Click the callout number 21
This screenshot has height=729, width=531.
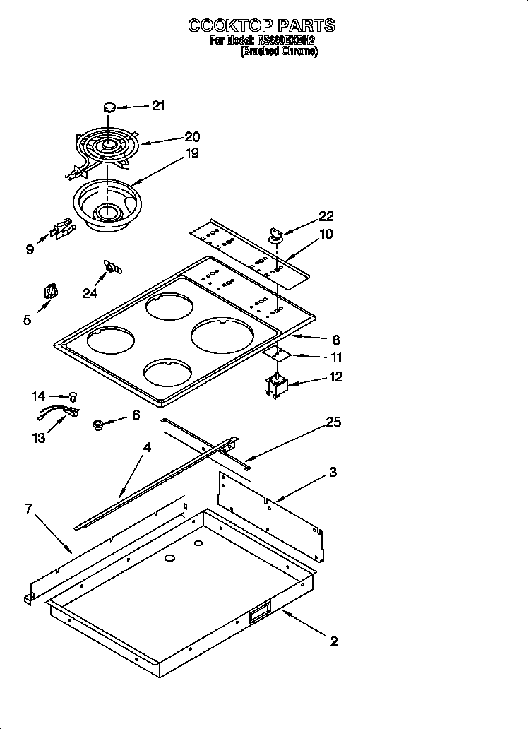click(x=157, y=106)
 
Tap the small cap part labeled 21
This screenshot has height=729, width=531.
click(x=109, y=107)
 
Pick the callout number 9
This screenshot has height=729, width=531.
click(x=30, y=249)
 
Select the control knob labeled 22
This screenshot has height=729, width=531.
click(x=275, y=235)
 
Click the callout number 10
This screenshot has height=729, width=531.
click(x=326, y=234)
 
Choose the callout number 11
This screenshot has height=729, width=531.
click(x=336, y=357)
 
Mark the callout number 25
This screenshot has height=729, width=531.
click(x=333, y=422)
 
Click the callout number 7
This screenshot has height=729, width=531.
click(x=29, y=509)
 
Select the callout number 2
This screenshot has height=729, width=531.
click(x=333, y=641)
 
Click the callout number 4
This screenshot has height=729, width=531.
click(x=146, y=447)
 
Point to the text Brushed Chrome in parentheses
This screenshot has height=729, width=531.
click(x=279, y=52)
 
